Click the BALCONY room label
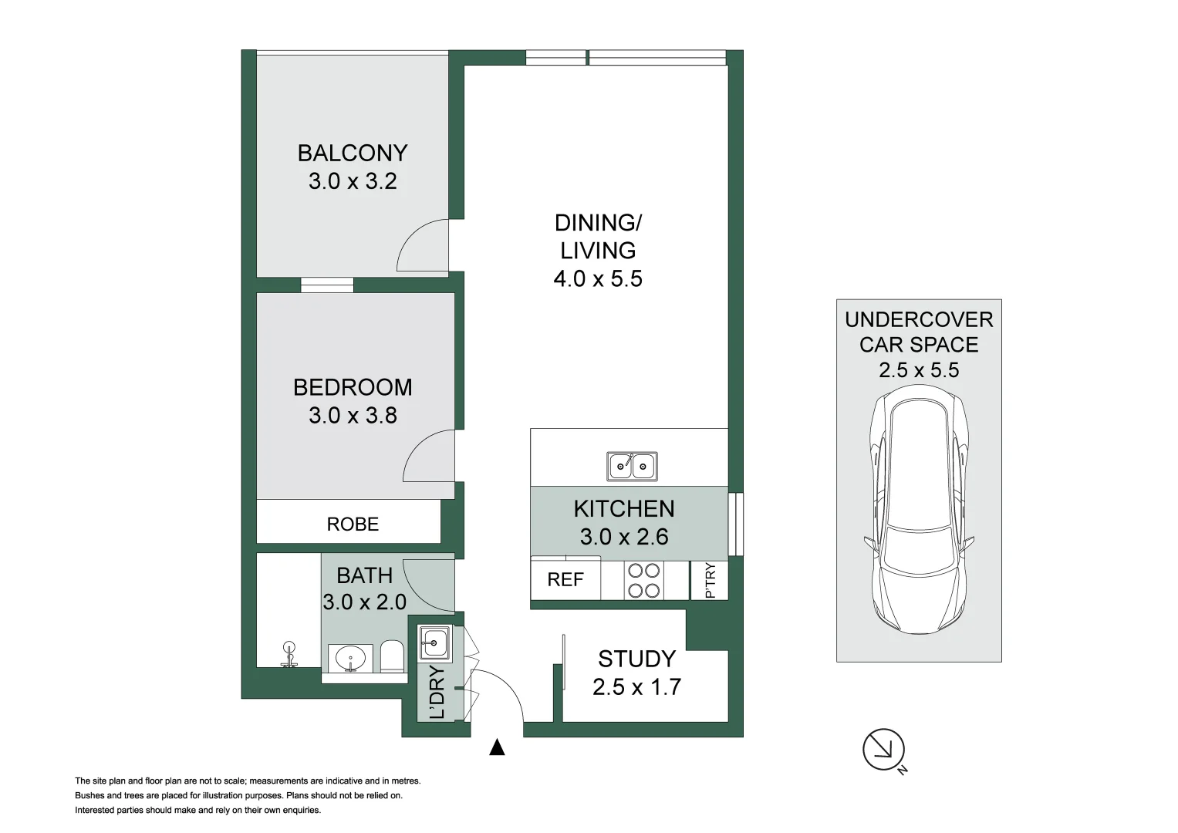click(353, 153)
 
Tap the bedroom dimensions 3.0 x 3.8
click(353, 416)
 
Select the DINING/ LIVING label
click(598, 236)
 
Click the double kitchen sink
click(632, 466)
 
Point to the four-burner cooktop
click(643, 581)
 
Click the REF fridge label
click(565, 580)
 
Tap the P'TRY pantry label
click(711, 580)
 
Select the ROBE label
click(353, 524)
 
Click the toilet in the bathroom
click(392, 657)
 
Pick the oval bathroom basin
click(350, 659)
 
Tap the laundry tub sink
click(434, 642)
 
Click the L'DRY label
click(437, 693)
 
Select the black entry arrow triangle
click(498, 747)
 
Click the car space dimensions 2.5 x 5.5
click(919, 370)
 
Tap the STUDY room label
click(636, 659)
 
